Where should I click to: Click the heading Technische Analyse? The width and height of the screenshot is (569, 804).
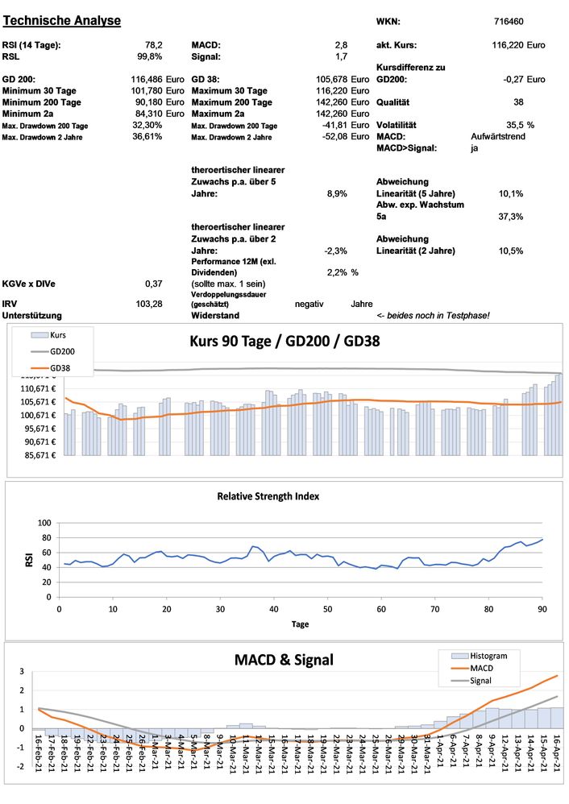coord(62,20)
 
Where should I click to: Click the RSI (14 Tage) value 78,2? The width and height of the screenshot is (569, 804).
coord(153,45)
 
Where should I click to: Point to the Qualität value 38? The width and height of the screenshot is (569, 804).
coord(518,102)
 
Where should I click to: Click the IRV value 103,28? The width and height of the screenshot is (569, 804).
coord(150,303)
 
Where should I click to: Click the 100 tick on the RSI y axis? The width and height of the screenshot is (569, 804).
coord(46,523)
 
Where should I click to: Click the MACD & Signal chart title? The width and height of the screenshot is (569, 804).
coord(284,660)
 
